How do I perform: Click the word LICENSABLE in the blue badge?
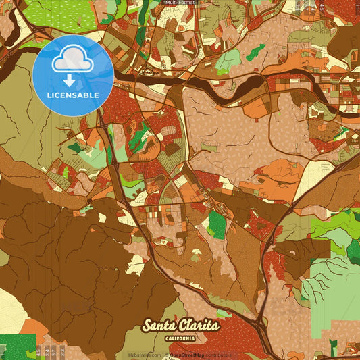point(73,95)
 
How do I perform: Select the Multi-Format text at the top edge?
point(180,3)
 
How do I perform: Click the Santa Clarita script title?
point(180,326)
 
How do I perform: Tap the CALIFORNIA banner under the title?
point(180,338)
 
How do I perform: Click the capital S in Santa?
point(147,326)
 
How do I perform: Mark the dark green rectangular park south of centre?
point(216,224)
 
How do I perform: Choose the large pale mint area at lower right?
point(331,284)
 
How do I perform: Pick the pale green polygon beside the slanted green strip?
point(228,61)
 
